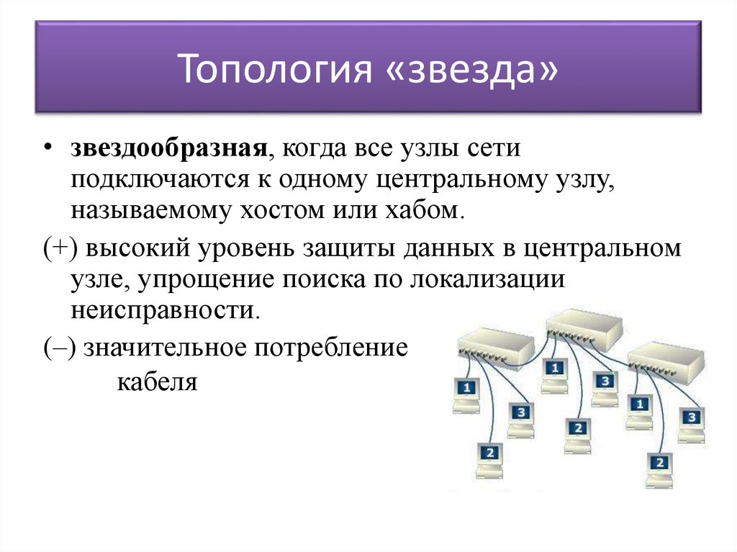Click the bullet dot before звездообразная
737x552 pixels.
(47, 148)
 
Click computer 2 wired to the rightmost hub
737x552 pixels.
(659, 466)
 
